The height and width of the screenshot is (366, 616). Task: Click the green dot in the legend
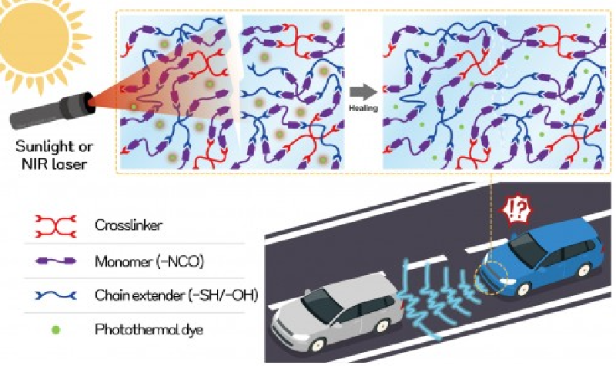(x=55, y=329)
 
